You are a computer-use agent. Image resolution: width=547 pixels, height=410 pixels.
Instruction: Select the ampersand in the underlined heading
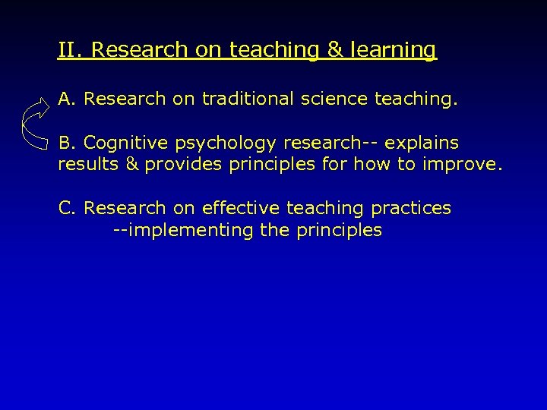[x=334, y=50]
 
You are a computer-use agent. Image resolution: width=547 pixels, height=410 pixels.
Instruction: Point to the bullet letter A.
[x=65, y=99]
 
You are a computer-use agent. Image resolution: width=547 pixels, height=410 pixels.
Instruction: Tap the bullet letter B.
[x=65, y=143]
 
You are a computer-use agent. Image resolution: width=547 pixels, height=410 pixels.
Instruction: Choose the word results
[x=85, y=165]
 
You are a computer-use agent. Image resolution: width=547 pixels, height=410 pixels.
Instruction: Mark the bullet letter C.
[x=65, y=208]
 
